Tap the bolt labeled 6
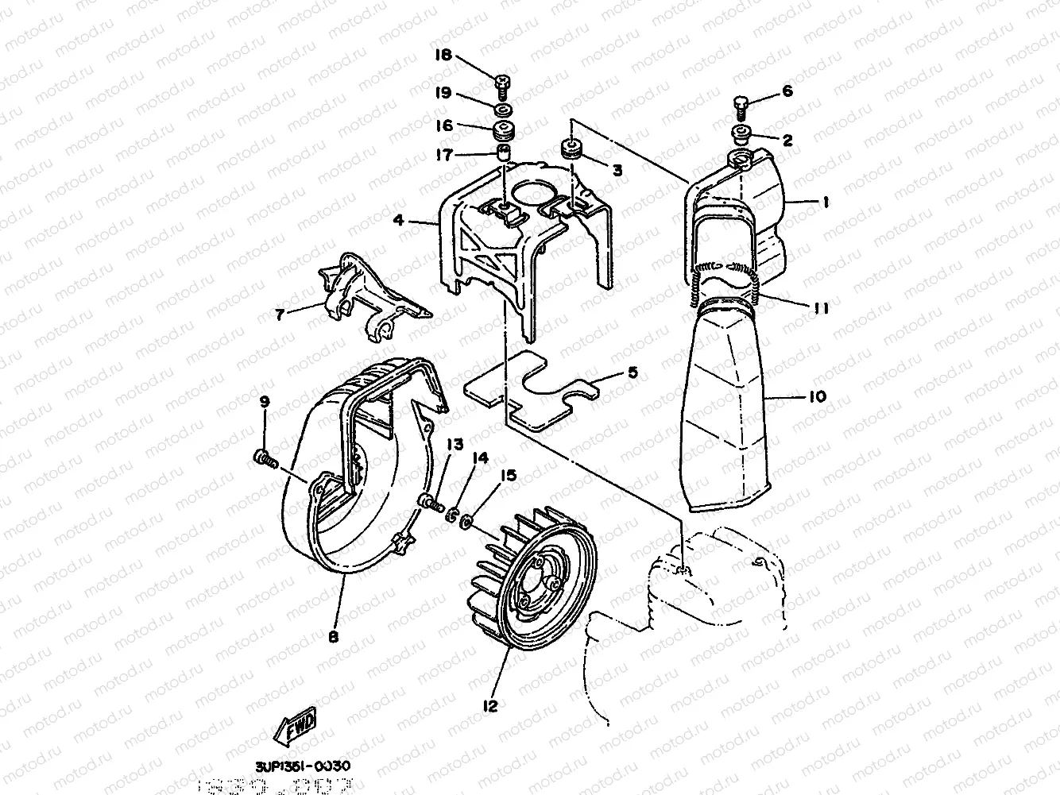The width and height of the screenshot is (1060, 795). pos(740,103)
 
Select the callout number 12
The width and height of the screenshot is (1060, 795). pos(489,704)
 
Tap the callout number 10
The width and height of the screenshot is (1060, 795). pos(817,396)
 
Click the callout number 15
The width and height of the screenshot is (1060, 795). pos(508,475)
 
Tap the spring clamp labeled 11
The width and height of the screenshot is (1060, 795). pos(723,286)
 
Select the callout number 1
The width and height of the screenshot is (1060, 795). pos(825,203)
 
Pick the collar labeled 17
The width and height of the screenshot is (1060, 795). pos(503,152)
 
